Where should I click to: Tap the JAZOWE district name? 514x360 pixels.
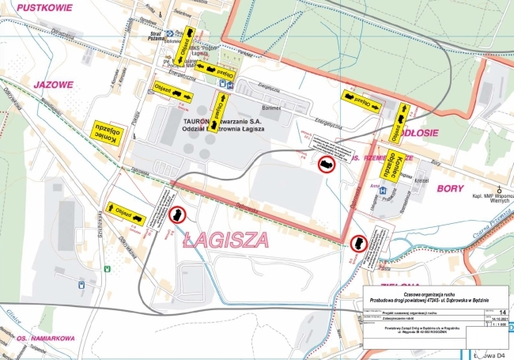tap(53, 83)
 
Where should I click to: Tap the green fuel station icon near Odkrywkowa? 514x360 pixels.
tap(81, 282)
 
